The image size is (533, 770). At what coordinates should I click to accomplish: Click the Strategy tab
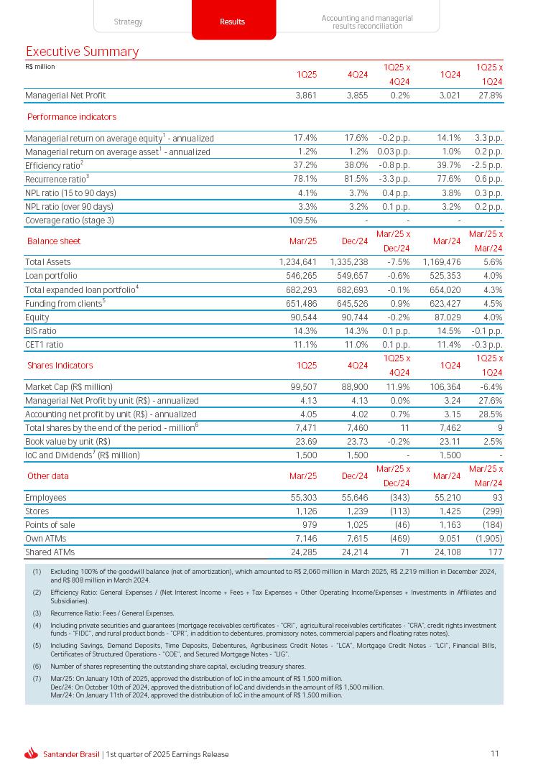(x=128, y=22)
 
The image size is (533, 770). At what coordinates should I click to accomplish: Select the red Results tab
(x=232, y=22)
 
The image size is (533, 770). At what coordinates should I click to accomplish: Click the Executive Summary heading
(x=82, y=52)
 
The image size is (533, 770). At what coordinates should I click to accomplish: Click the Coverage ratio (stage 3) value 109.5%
(x=302, y=220)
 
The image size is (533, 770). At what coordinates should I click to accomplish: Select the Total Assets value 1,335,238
(x=348, y=262)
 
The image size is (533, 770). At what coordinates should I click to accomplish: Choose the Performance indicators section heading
(x=72, y=116)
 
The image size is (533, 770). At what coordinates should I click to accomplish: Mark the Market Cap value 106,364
(x=442, y=386)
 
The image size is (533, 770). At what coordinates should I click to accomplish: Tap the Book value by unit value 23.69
(x=306, y=441)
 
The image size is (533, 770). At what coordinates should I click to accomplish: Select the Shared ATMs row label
(x=50, y=552)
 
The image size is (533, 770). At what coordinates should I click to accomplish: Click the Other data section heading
(x=48, y=476)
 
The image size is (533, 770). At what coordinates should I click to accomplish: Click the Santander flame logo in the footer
(x=31, y=753)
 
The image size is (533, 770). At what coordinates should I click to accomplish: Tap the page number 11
(x=495, y=753)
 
